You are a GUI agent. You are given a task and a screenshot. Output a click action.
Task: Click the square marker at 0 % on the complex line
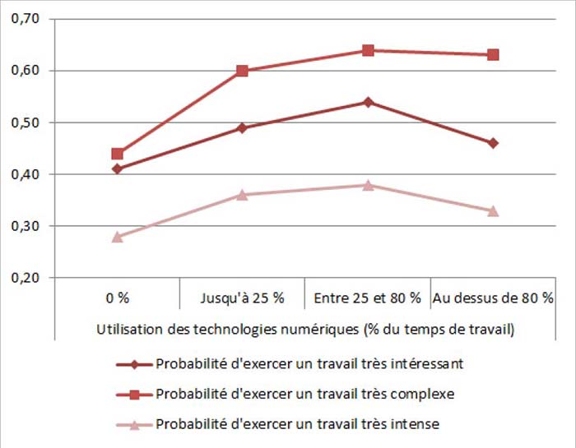(118, 154)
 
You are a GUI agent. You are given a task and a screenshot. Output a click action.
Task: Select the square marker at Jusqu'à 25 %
(243, 71)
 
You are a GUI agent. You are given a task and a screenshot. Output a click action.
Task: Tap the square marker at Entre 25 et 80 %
(368, 50)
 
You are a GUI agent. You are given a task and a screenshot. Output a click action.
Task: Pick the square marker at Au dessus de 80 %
(493, 55)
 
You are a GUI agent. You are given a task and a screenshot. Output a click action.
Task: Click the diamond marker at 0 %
(118, 169)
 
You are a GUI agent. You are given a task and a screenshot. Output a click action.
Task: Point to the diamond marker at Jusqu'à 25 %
(243, 128)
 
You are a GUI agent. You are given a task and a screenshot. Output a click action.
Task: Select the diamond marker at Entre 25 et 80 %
(368, 102)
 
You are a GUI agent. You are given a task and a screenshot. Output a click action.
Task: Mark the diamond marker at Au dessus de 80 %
(493, 143)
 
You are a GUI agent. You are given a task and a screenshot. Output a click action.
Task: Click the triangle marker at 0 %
(118, 237)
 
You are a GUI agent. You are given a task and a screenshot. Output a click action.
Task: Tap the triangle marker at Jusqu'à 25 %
(243, 195)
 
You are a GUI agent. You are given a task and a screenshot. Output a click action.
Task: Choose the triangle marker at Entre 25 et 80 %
(368, 185)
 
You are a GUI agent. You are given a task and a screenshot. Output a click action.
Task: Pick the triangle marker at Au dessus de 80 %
(493, 211)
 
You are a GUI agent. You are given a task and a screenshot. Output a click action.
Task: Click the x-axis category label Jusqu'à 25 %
(242, 297)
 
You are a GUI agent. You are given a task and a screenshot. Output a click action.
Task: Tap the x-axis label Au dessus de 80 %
(493, 297)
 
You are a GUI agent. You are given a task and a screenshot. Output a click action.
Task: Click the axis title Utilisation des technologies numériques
(305, 330)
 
